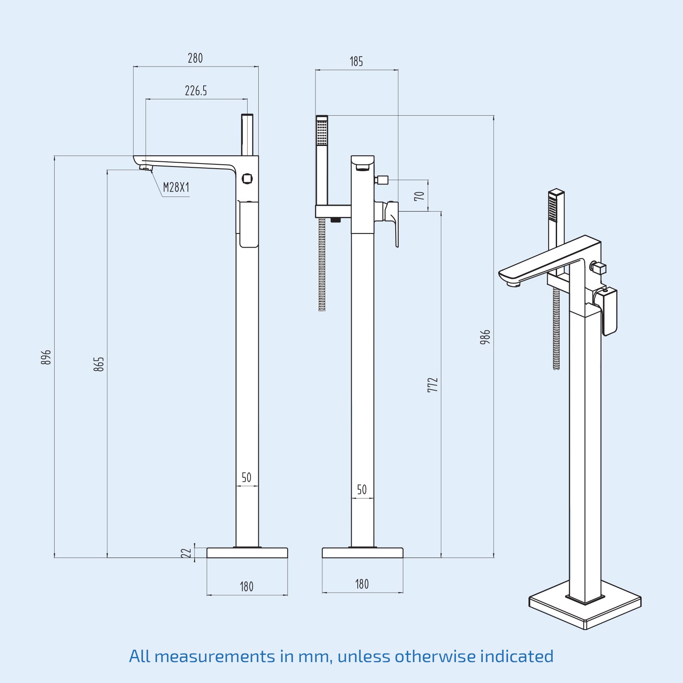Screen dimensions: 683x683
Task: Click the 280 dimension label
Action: pyautogui.click(x=195, y=58)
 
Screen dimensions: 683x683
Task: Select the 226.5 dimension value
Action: pyautogui.click(x=196, y=91)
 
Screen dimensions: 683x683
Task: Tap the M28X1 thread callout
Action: pyautogui.click(x=176, y=187)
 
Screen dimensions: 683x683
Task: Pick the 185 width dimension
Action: pyautogui.click(x=356, y=61)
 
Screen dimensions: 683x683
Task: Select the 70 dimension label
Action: pyautogui.click(x=420, y=196)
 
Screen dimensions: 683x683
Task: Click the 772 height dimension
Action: pyautogui.click(x=432, y=385)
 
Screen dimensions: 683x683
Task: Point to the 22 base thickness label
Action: pyautogui.click(x=186, y=553)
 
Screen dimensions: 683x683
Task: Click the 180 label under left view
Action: pyautogui.click(x=246, y=587)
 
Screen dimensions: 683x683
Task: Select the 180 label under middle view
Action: pyautogui.click(x=362, y=584)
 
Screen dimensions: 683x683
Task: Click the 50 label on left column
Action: pyautogui.click(x=246, y=477)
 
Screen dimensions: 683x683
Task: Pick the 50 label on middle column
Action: pyautogui.click(x=362, y=490)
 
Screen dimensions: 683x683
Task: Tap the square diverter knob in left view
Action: pyautogui.click(x=247, y=178)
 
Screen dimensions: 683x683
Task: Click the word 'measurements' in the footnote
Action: pyautogui.click(x=215, y=657)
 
